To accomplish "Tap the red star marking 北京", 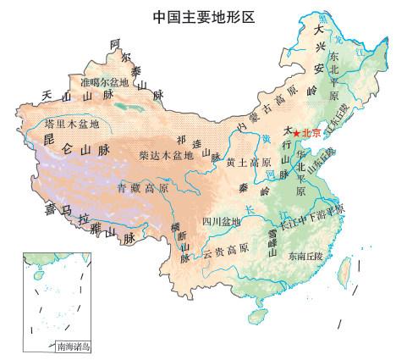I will pos(295,133).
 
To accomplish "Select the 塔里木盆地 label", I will pos(72,124).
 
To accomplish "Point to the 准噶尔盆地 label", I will pos(104,83).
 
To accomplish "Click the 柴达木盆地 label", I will pos(166,156).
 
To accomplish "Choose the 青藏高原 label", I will pos(143,187).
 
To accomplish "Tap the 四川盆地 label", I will pos(222,222).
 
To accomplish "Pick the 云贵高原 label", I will pos(226,249).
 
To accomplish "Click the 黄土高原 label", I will pos(248,163).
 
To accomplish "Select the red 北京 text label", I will pos(311,133).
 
